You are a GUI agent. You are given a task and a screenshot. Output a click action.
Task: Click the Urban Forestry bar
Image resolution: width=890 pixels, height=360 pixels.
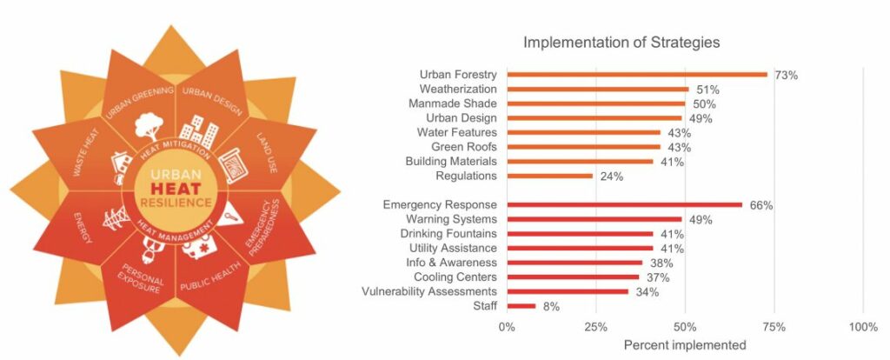point(637,75)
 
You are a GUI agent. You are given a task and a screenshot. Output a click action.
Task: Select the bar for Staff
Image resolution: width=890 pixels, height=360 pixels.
point(521,306)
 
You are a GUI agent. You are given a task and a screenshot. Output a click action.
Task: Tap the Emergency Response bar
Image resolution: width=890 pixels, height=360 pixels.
point(624,205)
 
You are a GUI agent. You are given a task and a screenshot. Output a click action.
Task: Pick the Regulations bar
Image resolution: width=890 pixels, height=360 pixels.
point(550,176)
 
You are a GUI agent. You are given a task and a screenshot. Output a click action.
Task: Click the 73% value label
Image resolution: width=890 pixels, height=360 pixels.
point(787,76)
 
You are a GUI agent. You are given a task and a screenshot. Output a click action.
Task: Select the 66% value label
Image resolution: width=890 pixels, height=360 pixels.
point(761,206)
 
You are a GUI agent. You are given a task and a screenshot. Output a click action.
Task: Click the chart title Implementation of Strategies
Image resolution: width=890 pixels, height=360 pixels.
point(621,42)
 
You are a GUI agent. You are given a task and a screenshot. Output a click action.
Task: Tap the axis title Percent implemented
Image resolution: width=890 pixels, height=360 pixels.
point(685,345)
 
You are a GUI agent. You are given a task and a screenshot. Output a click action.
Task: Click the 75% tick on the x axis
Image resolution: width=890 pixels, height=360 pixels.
point(774,327)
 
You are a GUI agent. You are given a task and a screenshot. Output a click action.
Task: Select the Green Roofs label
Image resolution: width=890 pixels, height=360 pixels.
point(464,147)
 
